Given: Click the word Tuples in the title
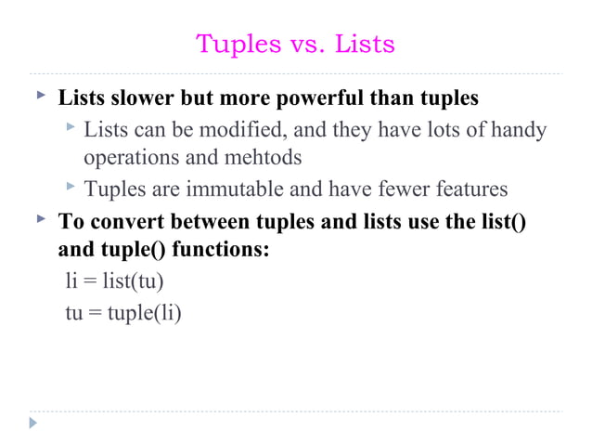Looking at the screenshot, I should (x=233, y=44).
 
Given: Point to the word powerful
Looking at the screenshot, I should (x=323, y=98).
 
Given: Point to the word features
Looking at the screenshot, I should (x=465, y=189).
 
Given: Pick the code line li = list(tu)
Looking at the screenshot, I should (x=114, y=281).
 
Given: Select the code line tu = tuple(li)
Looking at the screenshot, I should (x=122, y=312).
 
